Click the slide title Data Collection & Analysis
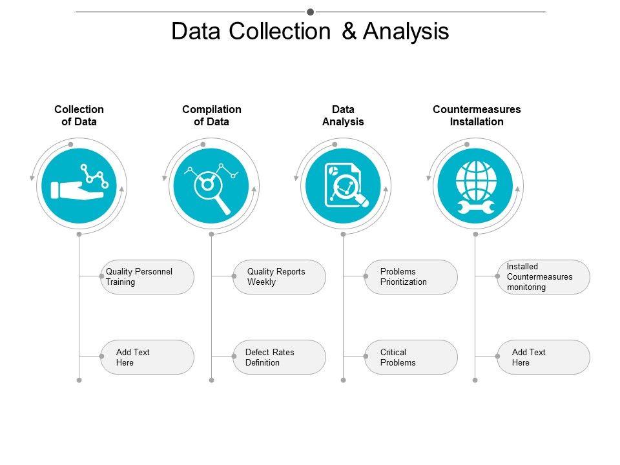[310, 32]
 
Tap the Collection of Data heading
[79, 116]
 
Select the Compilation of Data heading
[212, 116]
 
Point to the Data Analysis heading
[343, 116]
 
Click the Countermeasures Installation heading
[477, 116]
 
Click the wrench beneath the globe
[475, 207]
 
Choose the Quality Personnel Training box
[147, 277]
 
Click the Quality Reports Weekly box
[280, 277]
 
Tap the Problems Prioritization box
[411, 277]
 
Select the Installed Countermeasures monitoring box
[543, 277]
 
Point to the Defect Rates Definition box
[280, 357]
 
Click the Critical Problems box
[411, 357]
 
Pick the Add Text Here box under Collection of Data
[147, 357]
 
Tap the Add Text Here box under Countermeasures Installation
[543, 357]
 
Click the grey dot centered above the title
[310, 12]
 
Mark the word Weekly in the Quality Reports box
[262, 282]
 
